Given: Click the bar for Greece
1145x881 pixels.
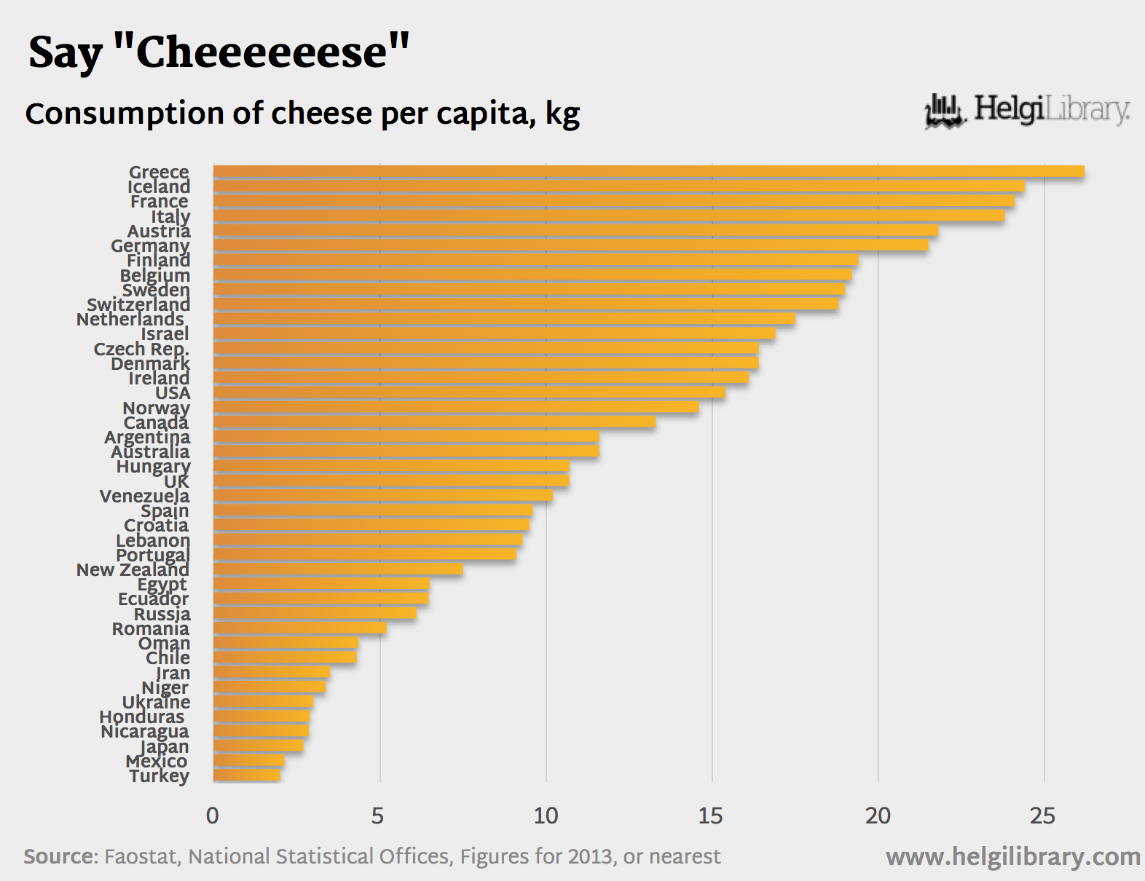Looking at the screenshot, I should pyautogui.click(x=648, y=172).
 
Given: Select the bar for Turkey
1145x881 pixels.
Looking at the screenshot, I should pyautogui.click(x=247, y=775).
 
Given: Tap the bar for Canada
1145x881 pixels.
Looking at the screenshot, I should pyautogui.click(x=434, y=422).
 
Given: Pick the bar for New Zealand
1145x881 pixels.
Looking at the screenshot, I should pyautogui.click(x=338, y=569).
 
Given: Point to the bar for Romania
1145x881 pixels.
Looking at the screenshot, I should pyautogui.click(x=299, y=628).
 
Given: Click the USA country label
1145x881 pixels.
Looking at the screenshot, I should pyautogui.click(x=173, y=393).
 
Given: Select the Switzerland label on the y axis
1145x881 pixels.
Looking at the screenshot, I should pyautogui.click(x=138, y=304).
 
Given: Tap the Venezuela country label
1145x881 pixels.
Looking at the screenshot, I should pyautogui.click(x=144, y=497).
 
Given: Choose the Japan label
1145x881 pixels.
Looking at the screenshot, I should pyautogui.click(x=165, y=747).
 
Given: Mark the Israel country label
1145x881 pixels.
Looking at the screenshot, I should pyautogui.click(x=165, y=334).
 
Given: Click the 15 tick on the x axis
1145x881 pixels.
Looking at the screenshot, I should pyautogui.click(x=710, y=816).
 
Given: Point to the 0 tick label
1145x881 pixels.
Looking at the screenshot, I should pyautogui.click(x=213, y=816).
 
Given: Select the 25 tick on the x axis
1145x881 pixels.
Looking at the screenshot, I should pyautogui.click(x=1043, y=816).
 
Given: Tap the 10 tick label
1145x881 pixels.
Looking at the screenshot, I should pyautogui.click(x=546, y=816).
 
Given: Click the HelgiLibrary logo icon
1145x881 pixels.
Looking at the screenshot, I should pyautogui.click(x=945, y=111).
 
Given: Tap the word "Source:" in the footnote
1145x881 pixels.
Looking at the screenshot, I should pyautogui.click(x=60, y=856).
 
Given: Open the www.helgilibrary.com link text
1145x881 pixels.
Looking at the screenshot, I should pyautogui.click(x=1013, y=857).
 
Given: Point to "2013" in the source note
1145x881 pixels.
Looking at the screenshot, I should pyautogui.click(x=590, y=856).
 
